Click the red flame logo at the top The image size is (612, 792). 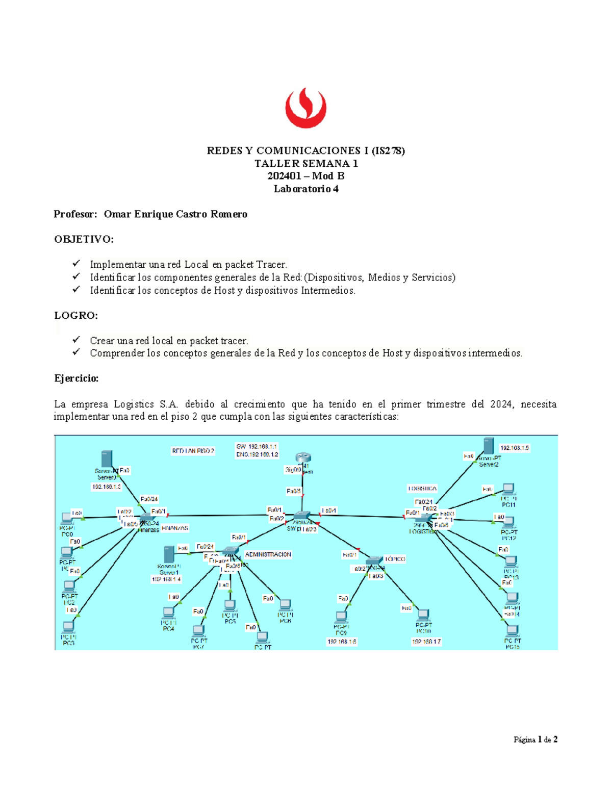[305, 108]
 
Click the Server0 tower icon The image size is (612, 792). [107, 458]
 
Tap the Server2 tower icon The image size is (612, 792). [489, 446]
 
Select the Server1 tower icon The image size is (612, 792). [169, 555]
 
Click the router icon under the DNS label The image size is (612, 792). [303, 457]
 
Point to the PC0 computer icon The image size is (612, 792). [66, 519]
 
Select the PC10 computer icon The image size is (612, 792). [423, 615]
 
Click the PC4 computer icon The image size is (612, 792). [168, 612]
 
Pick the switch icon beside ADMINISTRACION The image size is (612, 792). [231, 551]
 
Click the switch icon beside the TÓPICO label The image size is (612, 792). [374, 561]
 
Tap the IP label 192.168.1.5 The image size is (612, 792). [514, 448]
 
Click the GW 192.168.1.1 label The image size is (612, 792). [257, 446]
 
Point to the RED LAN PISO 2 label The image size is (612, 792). [193, 451]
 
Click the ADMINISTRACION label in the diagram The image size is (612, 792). [268, 554]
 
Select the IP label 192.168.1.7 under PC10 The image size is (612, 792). [426, 642]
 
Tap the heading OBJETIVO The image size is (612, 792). [84, 239]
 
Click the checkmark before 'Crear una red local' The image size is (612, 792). [76, 340]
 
